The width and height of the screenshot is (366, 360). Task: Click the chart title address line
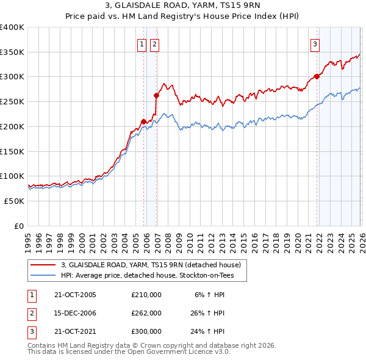pos(182,7)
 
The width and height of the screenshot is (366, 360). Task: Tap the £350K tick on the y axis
pos(12,52)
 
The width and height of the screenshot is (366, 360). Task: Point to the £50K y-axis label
pos(14,201)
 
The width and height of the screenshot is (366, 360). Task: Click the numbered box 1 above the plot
pos(142,44)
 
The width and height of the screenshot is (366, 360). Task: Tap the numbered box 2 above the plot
pos(154,44)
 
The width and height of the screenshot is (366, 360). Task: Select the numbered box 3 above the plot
pos(315,44)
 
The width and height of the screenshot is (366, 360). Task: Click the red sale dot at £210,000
pos(144,121)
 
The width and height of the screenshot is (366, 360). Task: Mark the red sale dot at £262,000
pos(157,95)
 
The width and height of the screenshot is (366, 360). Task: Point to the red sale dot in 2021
pos(317,76)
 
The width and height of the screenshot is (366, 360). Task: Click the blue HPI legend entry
pos(152,276)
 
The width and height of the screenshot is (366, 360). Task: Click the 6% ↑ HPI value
pos(210,294)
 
